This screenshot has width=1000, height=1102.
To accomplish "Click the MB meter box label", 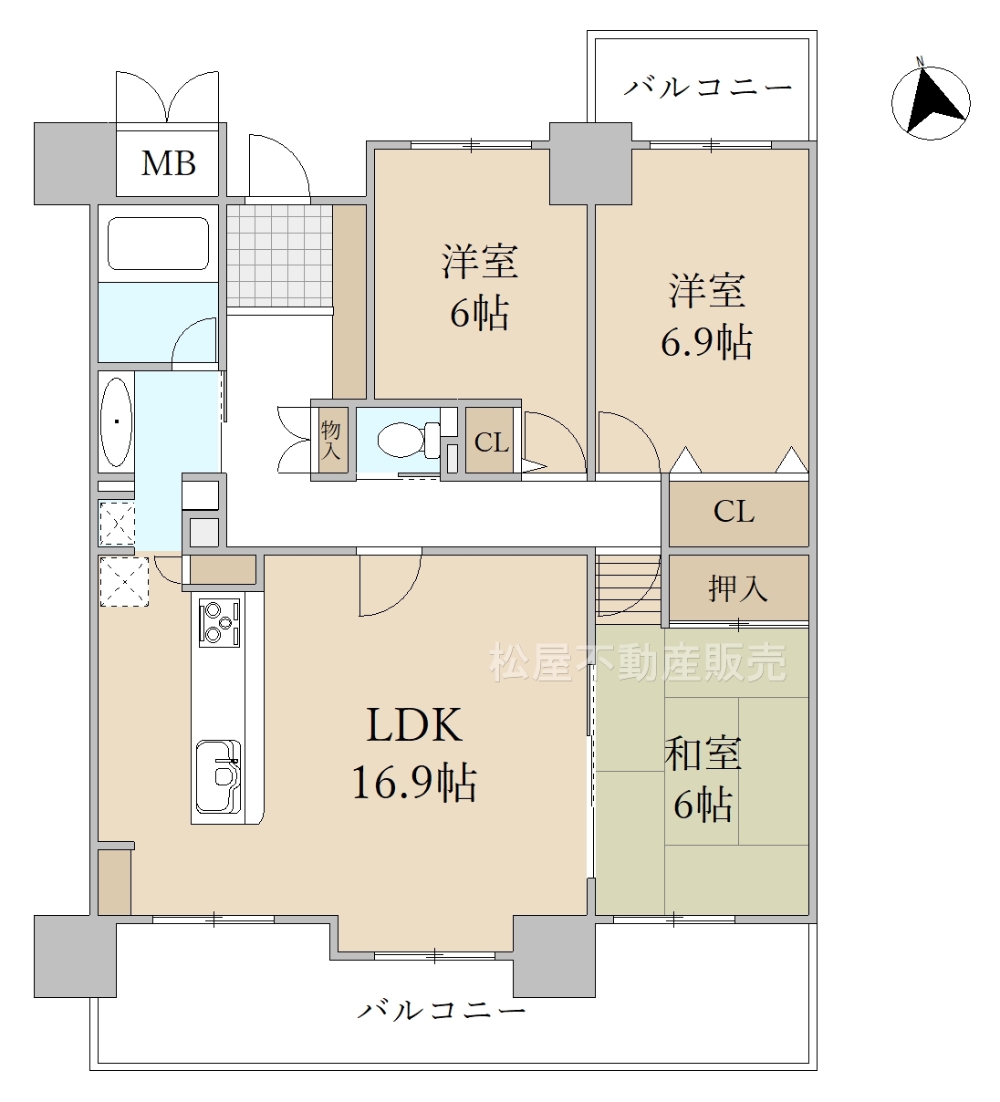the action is pyautogui.click(x=169, y=163).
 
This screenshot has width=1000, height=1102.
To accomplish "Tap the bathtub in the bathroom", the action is pyautogui.click(x=158, y=244).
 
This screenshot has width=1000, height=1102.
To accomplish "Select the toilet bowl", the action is pyautogui.click(x=409, y=440).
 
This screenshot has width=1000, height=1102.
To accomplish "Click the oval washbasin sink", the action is pyautogui.click(x=117, y=421).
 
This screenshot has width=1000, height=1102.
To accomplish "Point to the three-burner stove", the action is pyautogui.click(x=219, y=622).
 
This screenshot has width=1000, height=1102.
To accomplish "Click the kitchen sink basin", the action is pyautogui.click(x=218, y=776).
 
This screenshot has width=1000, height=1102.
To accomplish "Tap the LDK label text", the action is pyautogui.click(x=414, y=725).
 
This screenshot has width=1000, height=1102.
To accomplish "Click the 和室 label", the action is pyautogui.click(x=703, y=754).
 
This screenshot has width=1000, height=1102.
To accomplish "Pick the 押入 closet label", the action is pyautogui.click(x=738, y=588).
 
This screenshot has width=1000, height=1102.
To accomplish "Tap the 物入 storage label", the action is pyautogui.click(x=331, y=440).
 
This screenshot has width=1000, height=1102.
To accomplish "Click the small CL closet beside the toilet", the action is pyautogui.click(x=491, y=442).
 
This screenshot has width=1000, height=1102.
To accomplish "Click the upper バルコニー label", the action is pyautogui.click(x=708, y=88).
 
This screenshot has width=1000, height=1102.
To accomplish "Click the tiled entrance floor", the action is pyautogui.click(x=280, y=255).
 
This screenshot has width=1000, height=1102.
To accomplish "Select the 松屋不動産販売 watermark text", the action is pyautogui.click(x=638, y=662).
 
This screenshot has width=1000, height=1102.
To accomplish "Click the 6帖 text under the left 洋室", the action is pyautogui.click(x=479, y=313).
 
